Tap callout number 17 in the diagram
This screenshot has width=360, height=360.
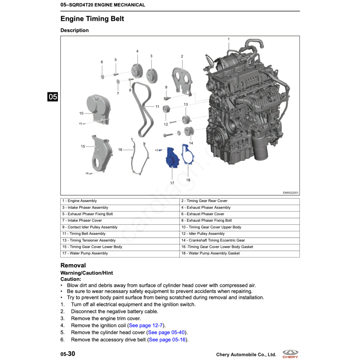click(x=172, y=183)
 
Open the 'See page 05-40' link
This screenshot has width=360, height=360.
click(x=167, y=333)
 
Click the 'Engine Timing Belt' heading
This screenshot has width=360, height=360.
click(x=92, y=19)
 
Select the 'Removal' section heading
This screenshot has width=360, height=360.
click(x=73, y=265)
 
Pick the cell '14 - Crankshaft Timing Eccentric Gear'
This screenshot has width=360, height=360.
click(x=213, y=240)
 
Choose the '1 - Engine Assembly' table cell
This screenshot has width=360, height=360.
click(x=79, y=201)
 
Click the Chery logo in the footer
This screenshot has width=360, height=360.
click(x=290, y=354)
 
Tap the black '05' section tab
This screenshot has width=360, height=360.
click(x=53, y=97)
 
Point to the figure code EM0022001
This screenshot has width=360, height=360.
click(x=291, y=192)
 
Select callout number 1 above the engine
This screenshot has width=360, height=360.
click(x=229, y=39)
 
